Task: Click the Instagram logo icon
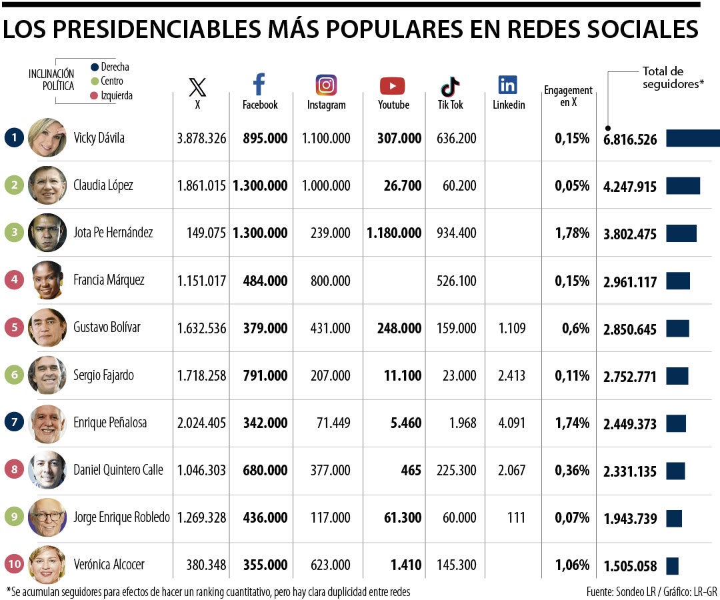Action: pyautogui.click(x=326, y=85)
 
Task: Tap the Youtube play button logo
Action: pyautogui.click(x=392, y=86)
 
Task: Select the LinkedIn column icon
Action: pyautogui.click(x=507, y=85)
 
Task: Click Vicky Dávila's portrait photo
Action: pyautogui.click(x=47, y=138)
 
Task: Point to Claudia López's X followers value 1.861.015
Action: pyautogui.click(x=201, y=186)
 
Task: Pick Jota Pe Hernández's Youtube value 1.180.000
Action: pyautogui.click(x=394, y=233)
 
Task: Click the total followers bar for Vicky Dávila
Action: pyautogui.click(x=693, y=138)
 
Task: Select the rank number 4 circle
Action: pyautogui.click(x=14, y=280)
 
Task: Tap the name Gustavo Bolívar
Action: pyautogui.click(x=107, y=328)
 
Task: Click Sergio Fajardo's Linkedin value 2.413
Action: pyautogui.click(x=511, y=375)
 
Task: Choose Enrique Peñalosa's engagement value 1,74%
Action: pyautogui.click(x=572, y=423)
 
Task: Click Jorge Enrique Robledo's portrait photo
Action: pyautogui.click(x=47, y=517)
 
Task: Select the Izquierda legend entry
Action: pyautogui.click(x=116, y=96)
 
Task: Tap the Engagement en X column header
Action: pyautogui.click(x=568, y=96)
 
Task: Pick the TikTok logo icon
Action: pyautogui.click(x=450, y=87)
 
